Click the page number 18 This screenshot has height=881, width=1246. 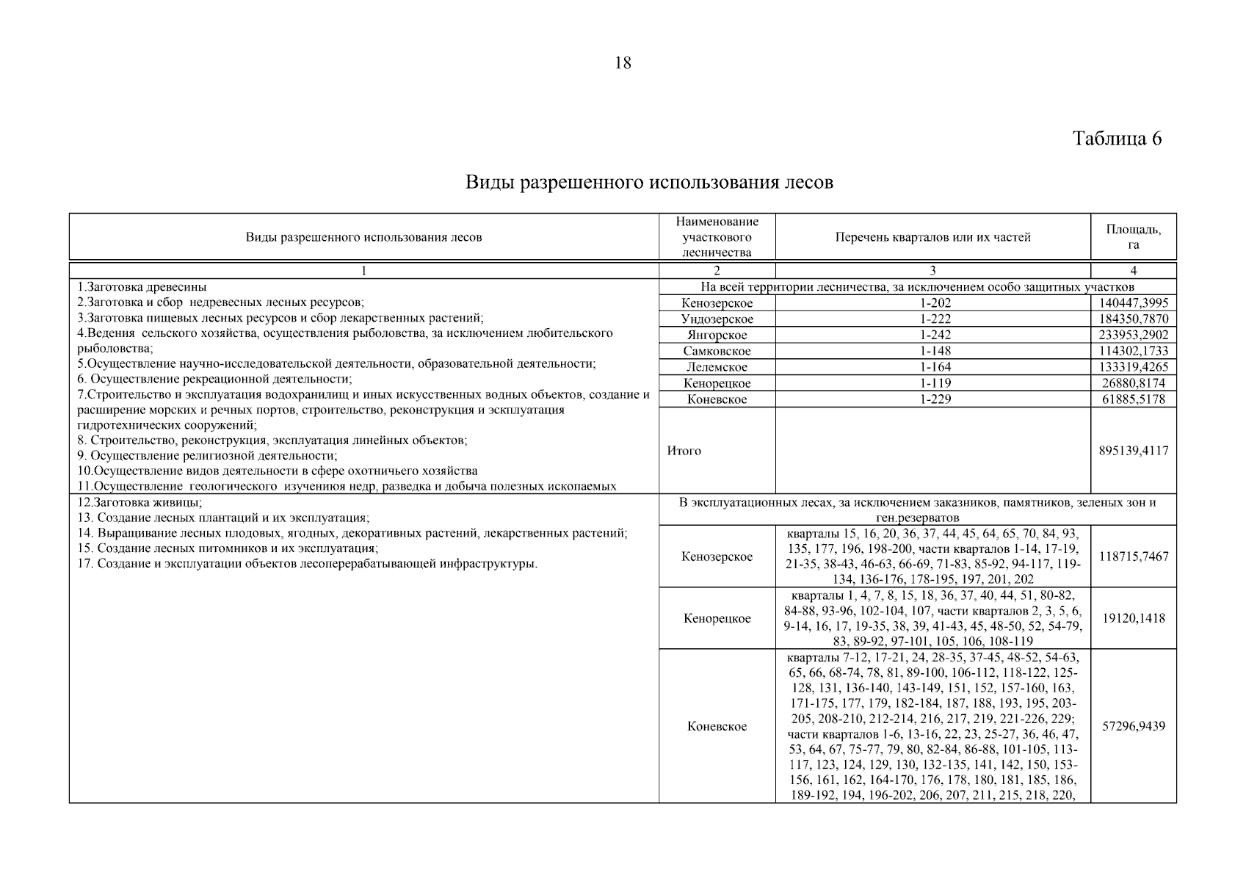pyautogui.click(x=622, y=63)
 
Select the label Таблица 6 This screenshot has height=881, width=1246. pyautogui.click(x=1117, y=139)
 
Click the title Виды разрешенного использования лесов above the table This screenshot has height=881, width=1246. pyautogui.click(x=649, y=182)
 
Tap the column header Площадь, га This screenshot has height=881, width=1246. pyautogui.click(x=1134, y=237)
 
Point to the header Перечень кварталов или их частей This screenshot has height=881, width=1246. pyautogui.click(x=932, y=237)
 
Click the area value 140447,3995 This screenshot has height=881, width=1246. pyautogui.click(x=1134, y=303)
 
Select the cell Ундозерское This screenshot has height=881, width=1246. pyautogui.click(x=717, y=319)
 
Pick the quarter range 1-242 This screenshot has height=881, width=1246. pyautogui.click(x=932, y=336)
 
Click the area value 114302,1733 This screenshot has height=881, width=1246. pyautogui.click(x=1134, y=352)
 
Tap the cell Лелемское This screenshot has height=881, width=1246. pyautogui.click(x=717, y=367)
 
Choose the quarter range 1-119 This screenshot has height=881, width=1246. pyautogui.click(x=932, y=383)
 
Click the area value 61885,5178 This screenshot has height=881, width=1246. pyautogui.click(x=1134, y=399)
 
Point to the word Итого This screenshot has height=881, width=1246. pyautogui.click(x=684, y=451)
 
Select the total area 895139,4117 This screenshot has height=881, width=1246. pyautogui.click(x=1134, y=451)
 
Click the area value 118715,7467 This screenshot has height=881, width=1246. pyautogui.click(x=1134, y=556)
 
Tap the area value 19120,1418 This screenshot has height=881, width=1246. pyautogui.click(x=1134, y=618)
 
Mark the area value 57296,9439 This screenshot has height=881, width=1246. pyautogui.click(x=1134, y=726)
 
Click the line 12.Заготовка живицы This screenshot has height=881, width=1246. pyautogui.click(x=140, y=503)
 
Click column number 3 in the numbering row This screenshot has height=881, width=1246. pyautogui.click(x=932, y=271)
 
